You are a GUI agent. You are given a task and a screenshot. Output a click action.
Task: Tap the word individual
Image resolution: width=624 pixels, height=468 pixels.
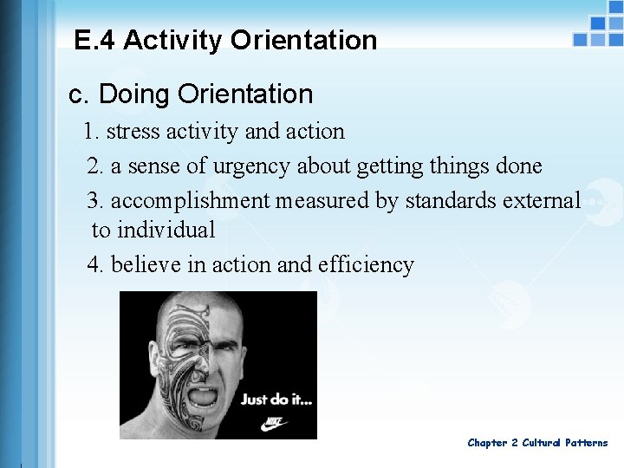coord(166,231)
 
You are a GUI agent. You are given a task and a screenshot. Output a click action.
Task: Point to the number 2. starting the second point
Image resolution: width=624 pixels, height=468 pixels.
coord(95,166)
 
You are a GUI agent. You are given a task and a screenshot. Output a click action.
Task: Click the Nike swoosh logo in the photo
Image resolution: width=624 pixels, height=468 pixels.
coord(274,425)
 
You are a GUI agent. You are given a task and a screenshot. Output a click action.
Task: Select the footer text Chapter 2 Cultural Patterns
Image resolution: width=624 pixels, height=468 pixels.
coord(537,443)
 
